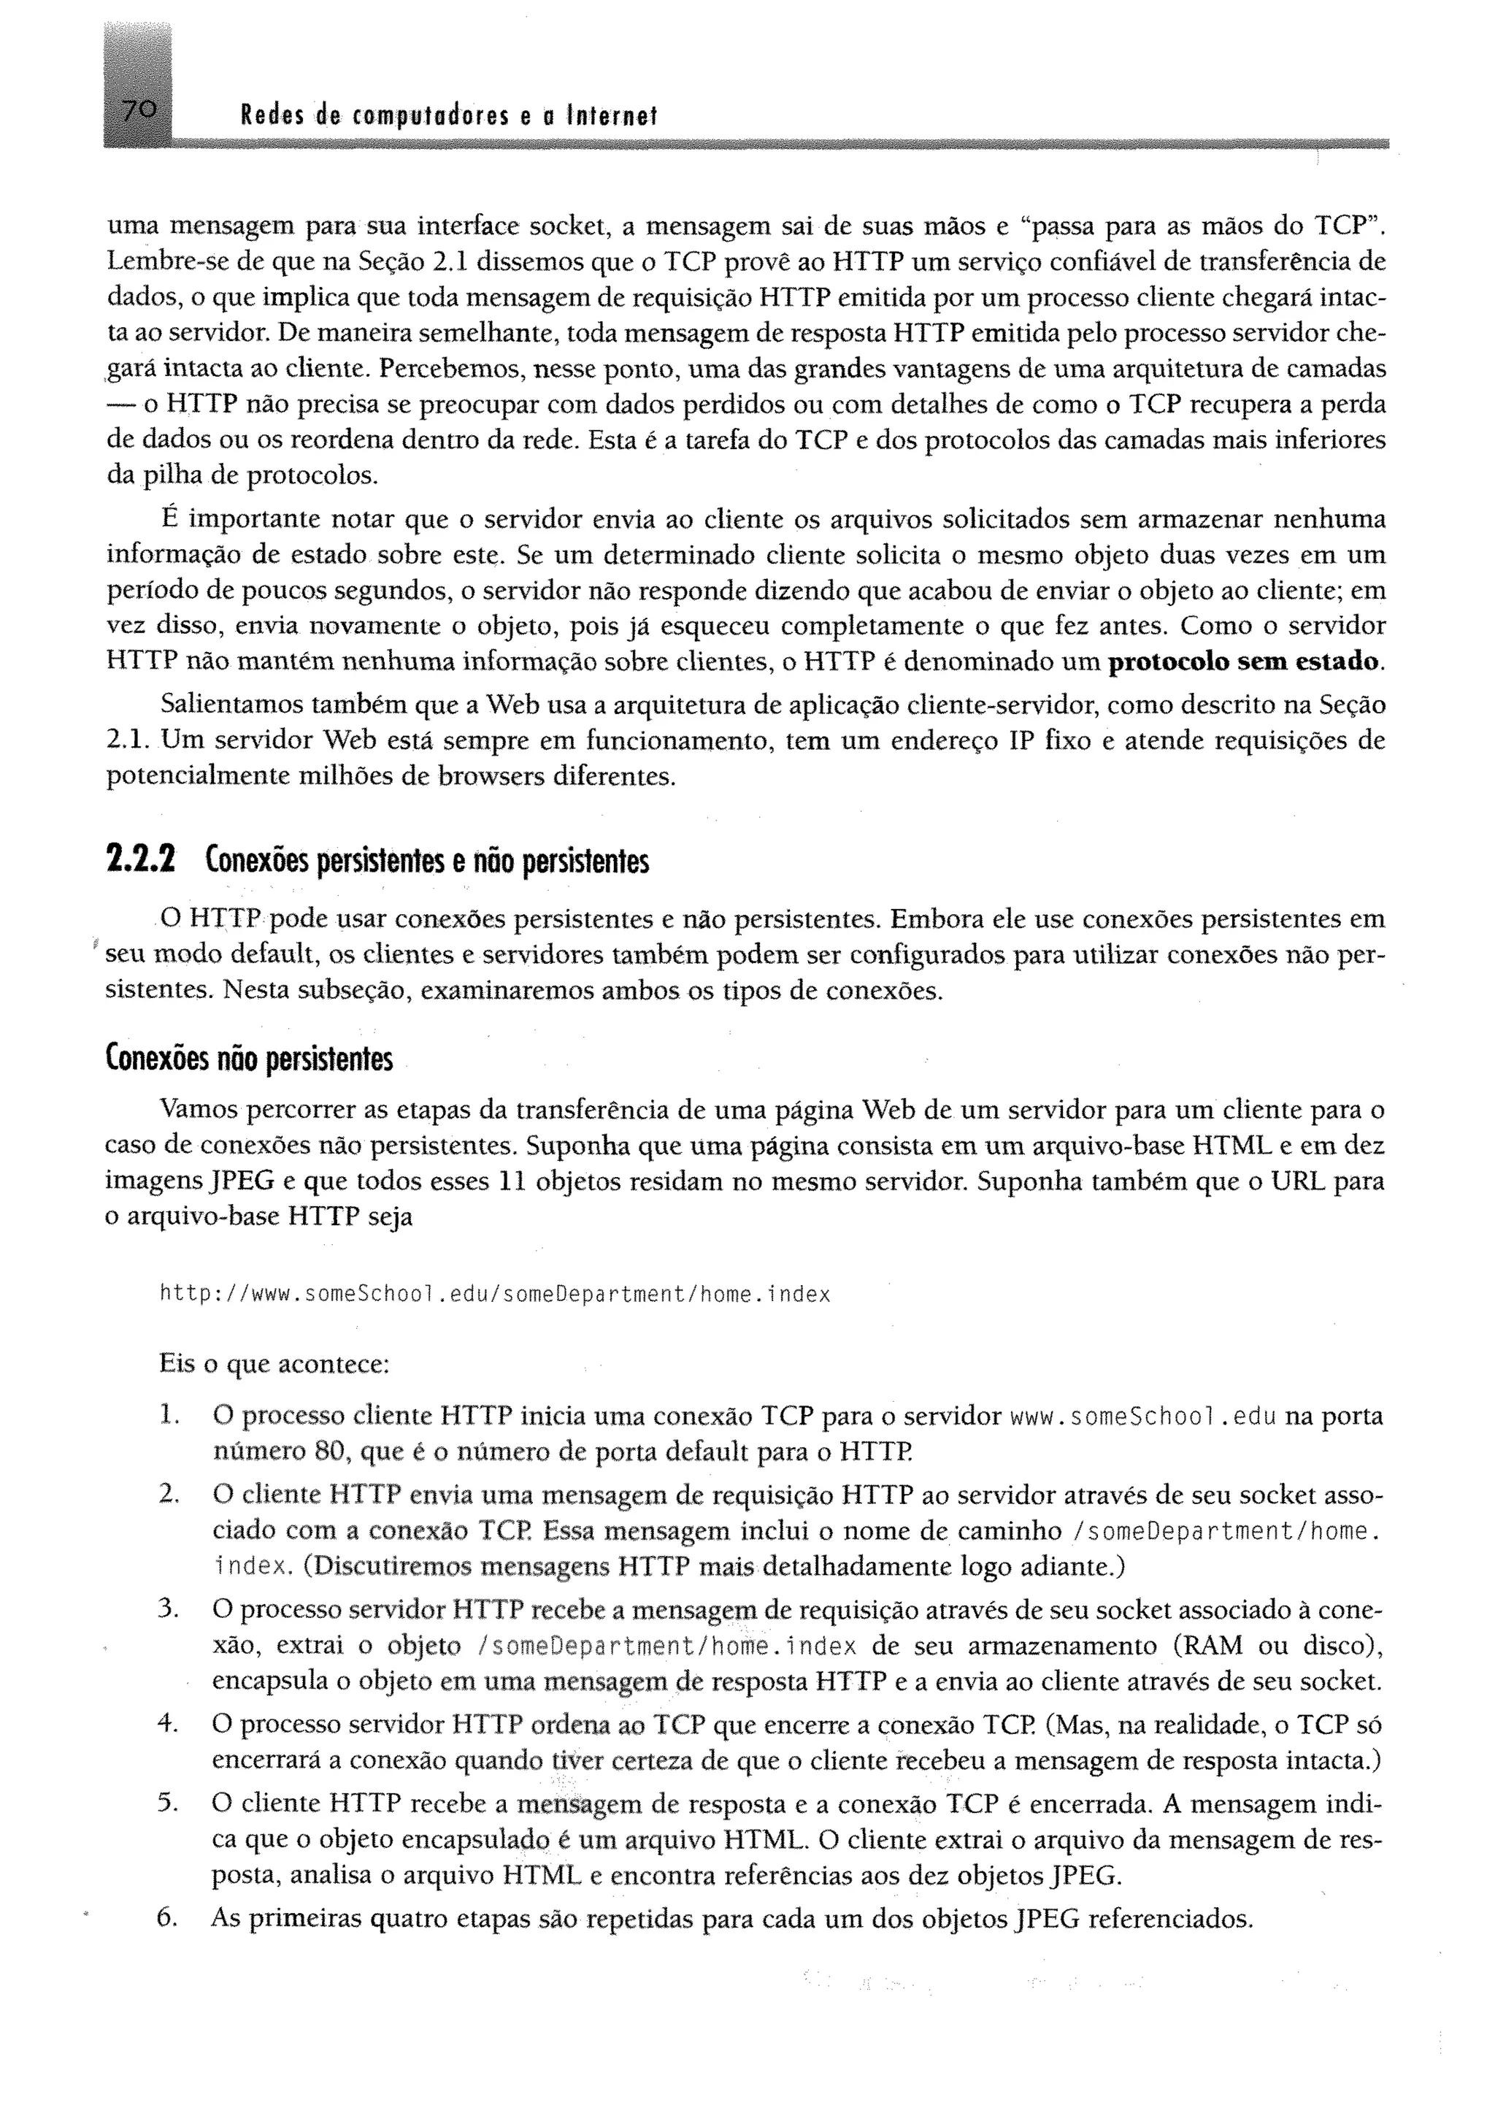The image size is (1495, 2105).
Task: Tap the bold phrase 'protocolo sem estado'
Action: pos(1245,662)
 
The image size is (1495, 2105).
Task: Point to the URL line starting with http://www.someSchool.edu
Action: pos(495,1295)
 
